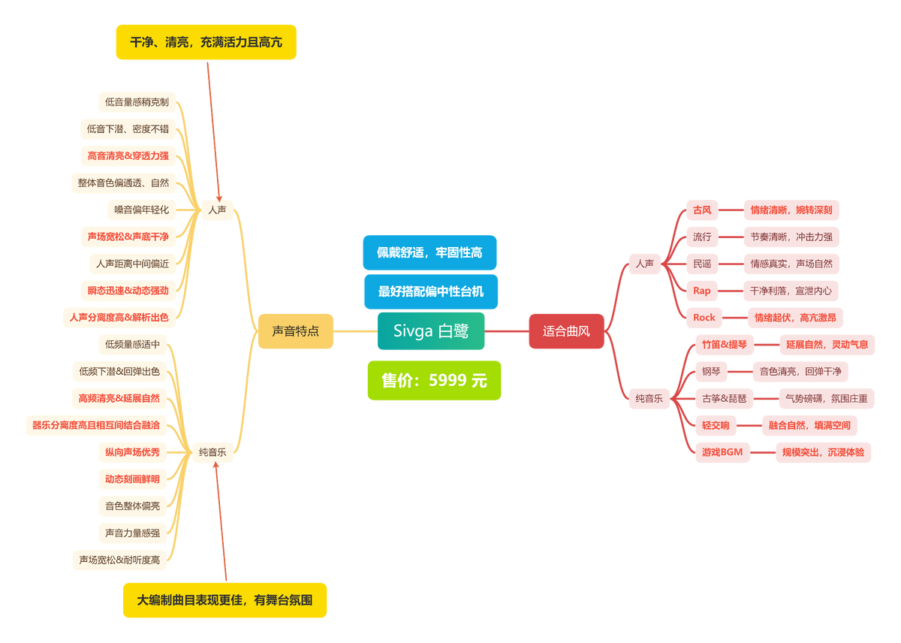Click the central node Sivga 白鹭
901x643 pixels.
[431, 331]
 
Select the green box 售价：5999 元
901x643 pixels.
[434, 380]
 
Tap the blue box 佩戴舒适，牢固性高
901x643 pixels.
[429, 252]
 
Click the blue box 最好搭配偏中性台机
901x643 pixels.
[430, 291]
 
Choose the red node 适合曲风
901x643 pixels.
[566, 331]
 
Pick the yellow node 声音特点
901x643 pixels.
[295, 331]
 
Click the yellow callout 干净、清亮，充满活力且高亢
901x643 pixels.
[206, 42]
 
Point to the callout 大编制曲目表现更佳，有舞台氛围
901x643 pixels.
[224, 600]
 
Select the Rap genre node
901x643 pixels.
[701, 291]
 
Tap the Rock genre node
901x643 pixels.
[704, 318]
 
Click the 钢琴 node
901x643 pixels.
[710, 371]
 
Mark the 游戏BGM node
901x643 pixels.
[722, 452]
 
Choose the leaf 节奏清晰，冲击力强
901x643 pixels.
[791, 237]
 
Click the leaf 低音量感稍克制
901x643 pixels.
[137, 102]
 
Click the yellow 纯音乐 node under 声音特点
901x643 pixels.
[212, 452]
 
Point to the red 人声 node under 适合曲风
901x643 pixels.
[644, 264]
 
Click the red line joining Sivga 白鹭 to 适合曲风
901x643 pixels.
[506, 331]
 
